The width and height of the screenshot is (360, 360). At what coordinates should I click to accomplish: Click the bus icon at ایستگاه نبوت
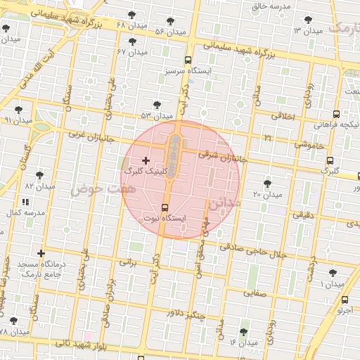tap(165, 207)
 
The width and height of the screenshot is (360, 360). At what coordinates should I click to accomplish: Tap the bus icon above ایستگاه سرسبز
tap(188, 60)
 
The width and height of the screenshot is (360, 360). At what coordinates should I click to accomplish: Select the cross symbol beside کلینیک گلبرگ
tap(146, 161)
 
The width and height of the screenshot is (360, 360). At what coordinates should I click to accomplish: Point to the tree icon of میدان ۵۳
tap(156, 105)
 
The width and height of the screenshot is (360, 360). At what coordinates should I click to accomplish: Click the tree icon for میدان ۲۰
tap(267, 184)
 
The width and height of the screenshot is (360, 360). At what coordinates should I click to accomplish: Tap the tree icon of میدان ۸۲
tap(39, 175)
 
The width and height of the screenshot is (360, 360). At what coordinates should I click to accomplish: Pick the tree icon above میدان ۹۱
tap(18, 110)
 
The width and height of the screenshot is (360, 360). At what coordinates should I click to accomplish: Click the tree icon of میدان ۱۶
tap(243, 332)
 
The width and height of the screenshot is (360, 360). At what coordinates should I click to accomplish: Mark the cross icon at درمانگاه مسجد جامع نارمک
tap(41, 253)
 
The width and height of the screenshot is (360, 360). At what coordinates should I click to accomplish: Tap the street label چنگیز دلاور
tap(184, 316)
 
